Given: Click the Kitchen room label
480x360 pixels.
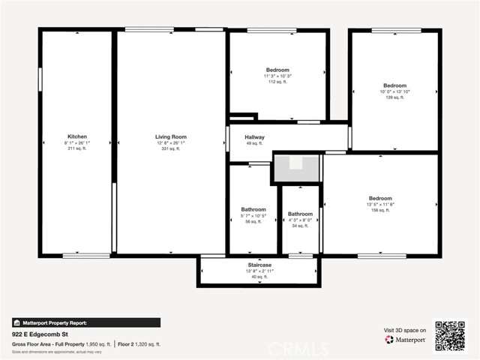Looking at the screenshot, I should pos(77,136).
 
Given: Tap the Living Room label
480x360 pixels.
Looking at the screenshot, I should pos(171,136).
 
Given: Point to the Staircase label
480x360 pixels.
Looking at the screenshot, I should pos(259,265).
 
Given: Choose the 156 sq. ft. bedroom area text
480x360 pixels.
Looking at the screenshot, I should pos(379,210).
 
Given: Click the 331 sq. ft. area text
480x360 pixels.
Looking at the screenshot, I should pos(171,148).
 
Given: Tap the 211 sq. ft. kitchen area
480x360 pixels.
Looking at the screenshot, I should pos(77,148).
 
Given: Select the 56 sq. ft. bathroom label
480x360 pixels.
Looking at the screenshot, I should pos(253,221).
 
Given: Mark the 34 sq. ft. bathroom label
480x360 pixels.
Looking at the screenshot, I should pos(300,226).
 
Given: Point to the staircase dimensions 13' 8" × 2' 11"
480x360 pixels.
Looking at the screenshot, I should pos(259,271).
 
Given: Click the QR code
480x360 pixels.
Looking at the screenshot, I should pos(450,336).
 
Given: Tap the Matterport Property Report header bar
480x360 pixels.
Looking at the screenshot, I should pos(86,322).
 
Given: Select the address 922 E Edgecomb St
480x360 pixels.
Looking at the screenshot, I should pos(40,334).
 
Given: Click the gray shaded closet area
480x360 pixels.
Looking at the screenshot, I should pos(296,169).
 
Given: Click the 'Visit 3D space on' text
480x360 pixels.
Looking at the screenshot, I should pos(405,330).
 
